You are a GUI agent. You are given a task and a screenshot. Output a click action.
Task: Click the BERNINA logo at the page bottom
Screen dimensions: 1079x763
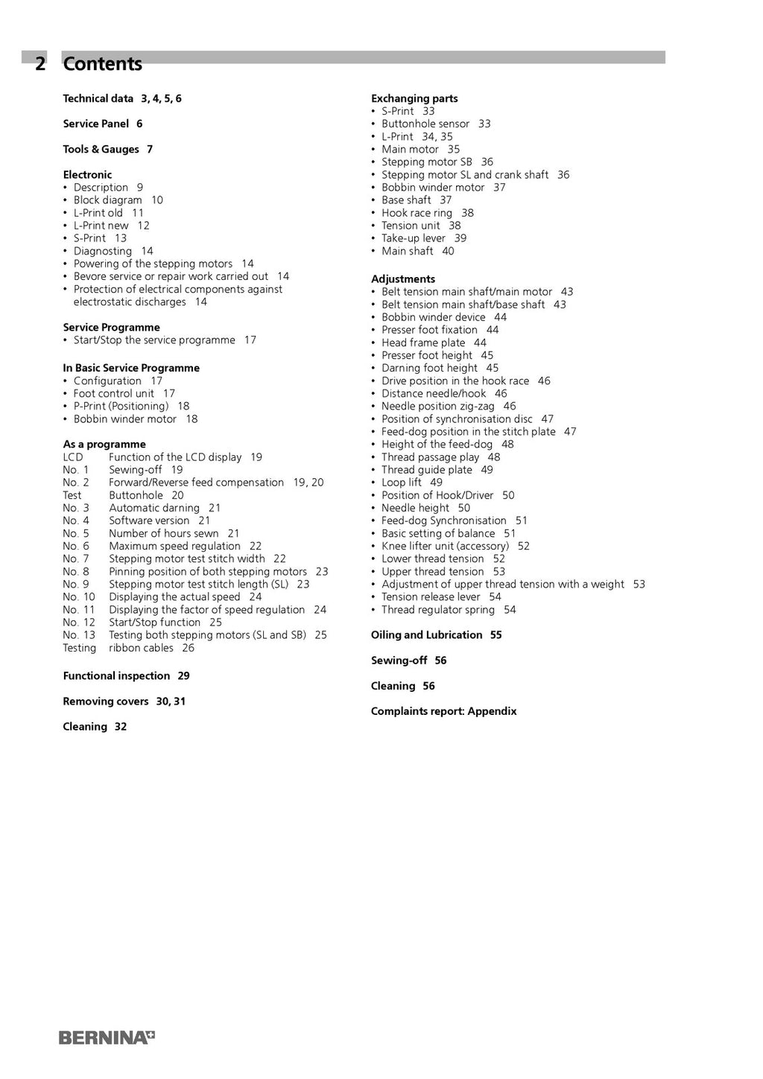pos(107,1037)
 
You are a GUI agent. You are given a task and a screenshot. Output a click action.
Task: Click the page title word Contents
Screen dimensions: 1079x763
pos(102,64)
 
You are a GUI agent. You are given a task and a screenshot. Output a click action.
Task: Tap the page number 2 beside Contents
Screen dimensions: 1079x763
pos(40,64)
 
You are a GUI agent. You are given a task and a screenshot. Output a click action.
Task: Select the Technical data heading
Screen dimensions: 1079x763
pos(98,98)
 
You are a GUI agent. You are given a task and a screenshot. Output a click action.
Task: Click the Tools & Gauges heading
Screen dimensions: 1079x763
pos(101,149)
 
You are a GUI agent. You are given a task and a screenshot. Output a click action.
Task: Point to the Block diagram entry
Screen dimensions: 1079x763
pos(107,200)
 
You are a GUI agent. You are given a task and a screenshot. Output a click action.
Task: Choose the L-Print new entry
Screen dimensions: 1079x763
pos(101,226)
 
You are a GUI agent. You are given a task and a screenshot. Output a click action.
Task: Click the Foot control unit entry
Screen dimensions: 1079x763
pos(113,393)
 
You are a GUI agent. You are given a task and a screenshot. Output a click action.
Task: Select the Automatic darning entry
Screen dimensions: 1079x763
pos(154,508)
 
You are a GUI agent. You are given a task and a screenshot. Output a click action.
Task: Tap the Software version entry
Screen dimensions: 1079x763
pos(149,521)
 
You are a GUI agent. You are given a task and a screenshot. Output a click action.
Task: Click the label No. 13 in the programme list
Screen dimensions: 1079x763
pos(79,635)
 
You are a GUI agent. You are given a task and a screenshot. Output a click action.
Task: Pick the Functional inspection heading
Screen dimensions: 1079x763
pos(116,676)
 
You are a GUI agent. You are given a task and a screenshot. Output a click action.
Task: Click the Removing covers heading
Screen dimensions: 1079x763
pos(106,701)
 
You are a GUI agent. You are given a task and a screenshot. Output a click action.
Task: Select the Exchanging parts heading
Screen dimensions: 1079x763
pos(414,98)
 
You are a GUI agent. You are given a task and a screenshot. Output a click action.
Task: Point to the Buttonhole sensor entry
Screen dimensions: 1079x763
pos(425,124)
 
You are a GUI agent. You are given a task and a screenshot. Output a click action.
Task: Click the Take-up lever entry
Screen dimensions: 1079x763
pos(414,238)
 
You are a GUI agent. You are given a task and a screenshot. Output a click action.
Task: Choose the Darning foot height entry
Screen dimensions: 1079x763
pos(429,368)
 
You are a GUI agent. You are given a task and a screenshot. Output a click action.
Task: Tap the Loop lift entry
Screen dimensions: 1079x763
pos(402,483)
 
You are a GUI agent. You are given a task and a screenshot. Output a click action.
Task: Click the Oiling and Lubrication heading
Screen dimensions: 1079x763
pos(427,635)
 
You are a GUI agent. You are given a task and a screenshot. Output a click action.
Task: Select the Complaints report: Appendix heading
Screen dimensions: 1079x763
pos(443,711)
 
